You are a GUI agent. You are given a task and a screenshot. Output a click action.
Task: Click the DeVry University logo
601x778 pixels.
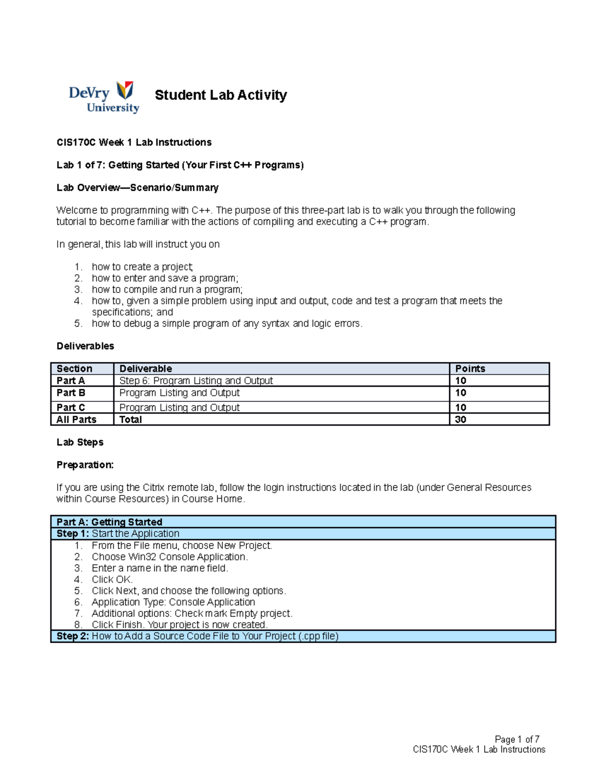point(104,97)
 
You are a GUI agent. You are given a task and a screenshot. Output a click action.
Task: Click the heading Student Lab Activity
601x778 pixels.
point(220,95)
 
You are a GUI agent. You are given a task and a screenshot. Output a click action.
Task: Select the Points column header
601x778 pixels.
point(470,369)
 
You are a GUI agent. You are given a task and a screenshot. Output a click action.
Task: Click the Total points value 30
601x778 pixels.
point(460,420)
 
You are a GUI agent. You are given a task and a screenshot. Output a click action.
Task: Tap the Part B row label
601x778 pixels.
point(71,393)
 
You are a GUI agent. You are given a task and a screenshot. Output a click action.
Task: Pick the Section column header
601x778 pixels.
point(74,369)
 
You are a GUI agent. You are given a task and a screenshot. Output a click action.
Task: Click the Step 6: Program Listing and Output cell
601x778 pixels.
point(196,381)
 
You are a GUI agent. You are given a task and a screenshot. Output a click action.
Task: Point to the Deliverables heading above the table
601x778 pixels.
point(85,346)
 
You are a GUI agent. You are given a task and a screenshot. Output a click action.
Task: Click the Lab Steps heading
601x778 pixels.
point(80,442)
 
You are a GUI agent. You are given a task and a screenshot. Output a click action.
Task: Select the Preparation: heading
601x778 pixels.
point(85,465)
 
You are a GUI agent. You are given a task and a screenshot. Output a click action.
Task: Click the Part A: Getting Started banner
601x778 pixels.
point(109,522)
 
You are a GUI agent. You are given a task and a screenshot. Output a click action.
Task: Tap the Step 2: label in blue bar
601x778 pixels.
point(73,636)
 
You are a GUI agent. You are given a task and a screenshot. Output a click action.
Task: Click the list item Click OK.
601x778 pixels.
point(112,580)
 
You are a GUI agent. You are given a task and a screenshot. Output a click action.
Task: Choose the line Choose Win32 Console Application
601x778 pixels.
point(170,557)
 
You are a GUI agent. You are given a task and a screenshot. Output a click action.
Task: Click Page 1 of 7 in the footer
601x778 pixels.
point(516,739)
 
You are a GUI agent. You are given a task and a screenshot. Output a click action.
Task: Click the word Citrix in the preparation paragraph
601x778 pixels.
point(153,487)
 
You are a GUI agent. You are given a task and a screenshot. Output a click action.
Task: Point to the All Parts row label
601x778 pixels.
point(76,420)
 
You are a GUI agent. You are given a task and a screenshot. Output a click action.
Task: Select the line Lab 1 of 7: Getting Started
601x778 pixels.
point(180,165)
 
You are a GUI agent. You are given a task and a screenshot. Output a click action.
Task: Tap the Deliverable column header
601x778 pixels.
point(145,369)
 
